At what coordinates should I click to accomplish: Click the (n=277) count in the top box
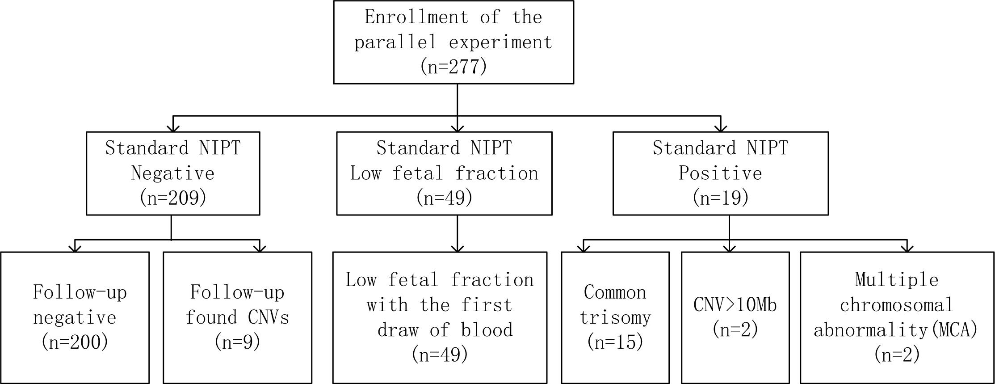(453, 67)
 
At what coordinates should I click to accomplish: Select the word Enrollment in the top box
(416, 17)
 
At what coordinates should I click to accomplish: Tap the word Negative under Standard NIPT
(172, 173)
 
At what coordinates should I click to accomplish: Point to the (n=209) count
(172, 198)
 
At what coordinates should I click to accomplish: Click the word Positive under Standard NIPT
(720, 173)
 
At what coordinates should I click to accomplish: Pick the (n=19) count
(720, 198)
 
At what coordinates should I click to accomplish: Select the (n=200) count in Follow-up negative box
(75, 342)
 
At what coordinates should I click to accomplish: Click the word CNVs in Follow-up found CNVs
(268, 318)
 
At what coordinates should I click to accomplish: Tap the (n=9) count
(237, 342)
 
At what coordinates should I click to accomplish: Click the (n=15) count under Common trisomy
(615, 342)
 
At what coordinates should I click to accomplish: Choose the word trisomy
(615, 318)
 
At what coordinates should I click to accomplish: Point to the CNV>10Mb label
(735, 305)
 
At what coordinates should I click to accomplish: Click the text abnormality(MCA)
(896, 330)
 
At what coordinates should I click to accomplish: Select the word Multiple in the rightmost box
(897, 280)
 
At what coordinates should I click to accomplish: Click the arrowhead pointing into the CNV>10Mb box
(729, 248)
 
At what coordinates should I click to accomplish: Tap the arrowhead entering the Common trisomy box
(584, 248)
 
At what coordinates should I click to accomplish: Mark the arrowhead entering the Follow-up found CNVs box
(260, 248)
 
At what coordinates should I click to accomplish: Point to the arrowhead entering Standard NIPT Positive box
(721, 128)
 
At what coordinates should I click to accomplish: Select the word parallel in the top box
(395, 42)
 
